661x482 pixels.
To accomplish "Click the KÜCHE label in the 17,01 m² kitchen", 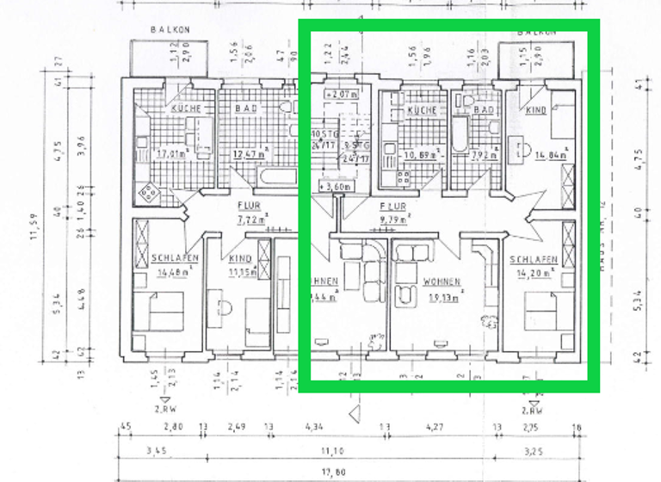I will click(x=186, y=109).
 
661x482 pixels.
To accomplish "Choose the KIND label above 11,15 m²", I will click(x=240, y=259).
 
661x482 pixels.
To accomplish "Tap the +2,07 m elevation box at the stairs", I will click(x=341, y=93).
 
